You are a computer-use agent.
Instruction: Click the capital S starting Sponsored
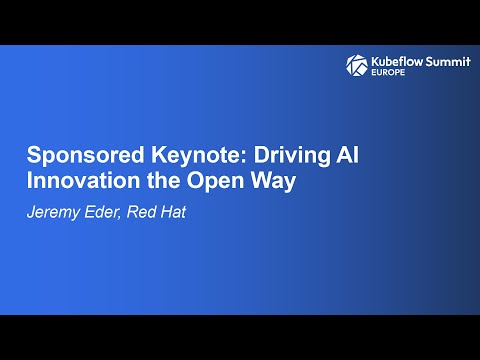[33, 157]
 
